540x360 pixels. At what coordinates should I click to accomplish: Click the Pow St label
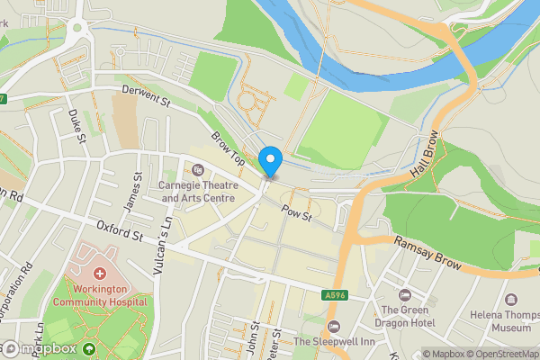coord(295,214)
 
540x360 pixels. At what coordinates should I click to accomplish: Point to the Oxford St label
coord(121,237)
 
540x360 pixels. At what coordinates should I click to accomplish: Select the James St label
coord(139,190)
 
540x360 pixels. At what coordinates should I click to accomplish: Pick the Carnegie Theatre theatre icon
coord(198,170)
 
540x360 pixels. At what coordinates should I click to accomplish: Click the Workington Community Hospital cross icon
coord(99,273)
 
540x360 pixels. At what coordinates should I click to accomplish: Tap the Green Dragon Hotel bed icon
coord(404,295)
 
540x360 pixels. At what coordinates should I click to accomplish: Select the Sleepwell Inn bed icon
coord(335,327)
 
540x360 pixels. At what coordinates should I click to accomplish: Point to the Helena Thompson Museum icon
coord(512,299)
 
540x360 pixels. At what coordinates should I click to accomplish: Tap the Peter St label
coord(275,340)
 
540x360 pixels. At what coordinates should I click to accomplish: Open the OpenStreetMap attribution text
coord(501,354)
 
